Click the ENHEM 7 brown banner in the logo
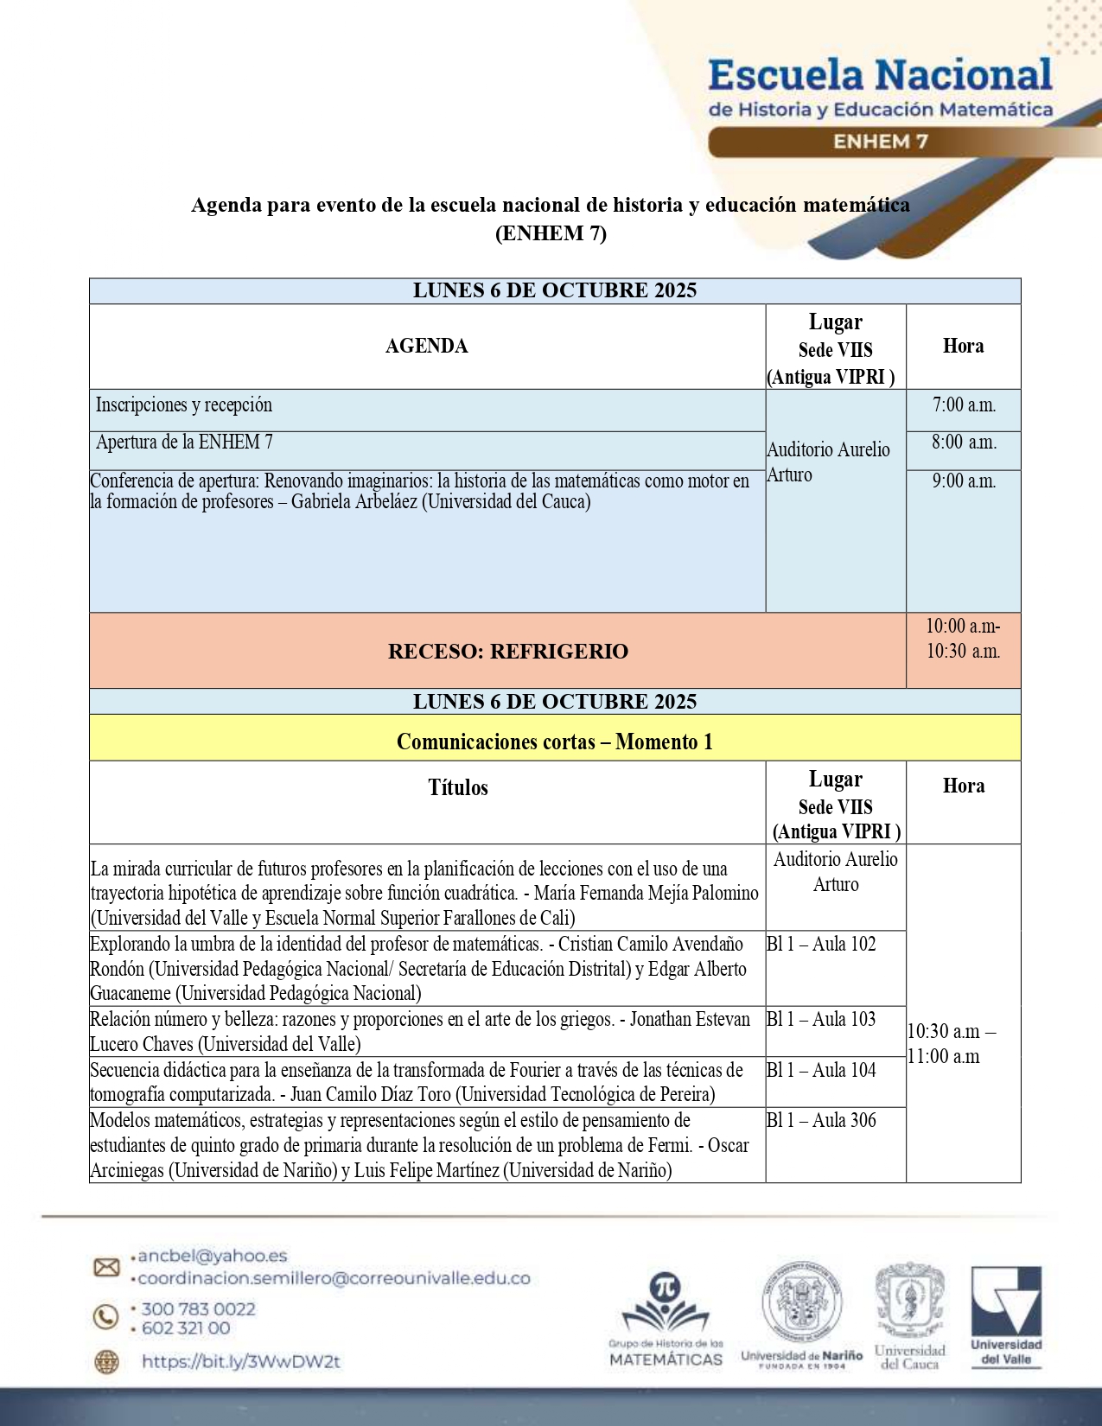tap(880, 142)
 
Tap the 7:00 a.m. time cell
tap(964, 404)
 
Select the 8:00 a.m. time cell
tap(964, 442)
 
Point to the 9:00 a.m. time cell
tap(964, 481)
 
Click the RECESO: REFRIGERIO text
tap(508, 652)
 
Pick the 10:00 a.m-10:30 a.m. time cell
tap(963, 639)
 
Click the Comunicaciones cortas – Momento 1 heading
tap(555, 742)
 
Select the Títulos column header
tap(458, 787)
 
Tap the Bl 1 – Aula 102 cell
tap(821, 944)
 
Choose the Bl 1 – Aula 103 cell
tap(821, 1019)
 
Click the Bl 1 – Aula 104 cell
tap(821, 1070)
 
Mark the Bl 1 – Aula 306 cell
tap(821, 1120)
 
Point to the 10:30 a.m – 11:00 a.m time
tap(951, 1043)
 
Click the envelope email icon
tap(106, 1267)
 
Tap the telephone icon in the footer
tap(105, 1316)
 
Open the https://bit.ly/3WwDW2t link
tap(241, 1362)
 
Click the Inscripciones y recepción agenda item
tap(184, 404)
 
